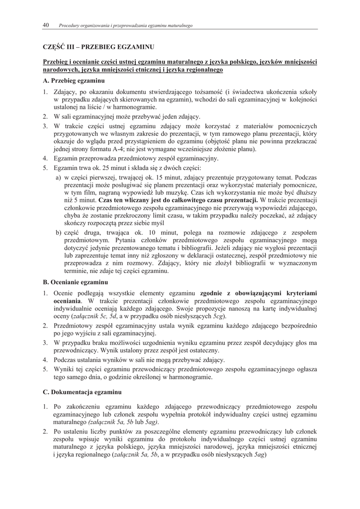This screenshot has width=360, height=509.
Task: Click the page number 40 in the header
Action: click(x=46, y=25)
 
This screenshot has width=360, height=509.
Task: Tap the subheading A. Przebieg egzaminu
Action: click(x=74, y=80)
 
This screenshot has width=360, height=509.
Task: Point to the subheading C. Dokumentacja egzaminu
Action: click(x=82, y=393)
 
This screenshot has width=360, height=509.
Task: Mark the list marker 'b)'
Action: click(x=59, y=234)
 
